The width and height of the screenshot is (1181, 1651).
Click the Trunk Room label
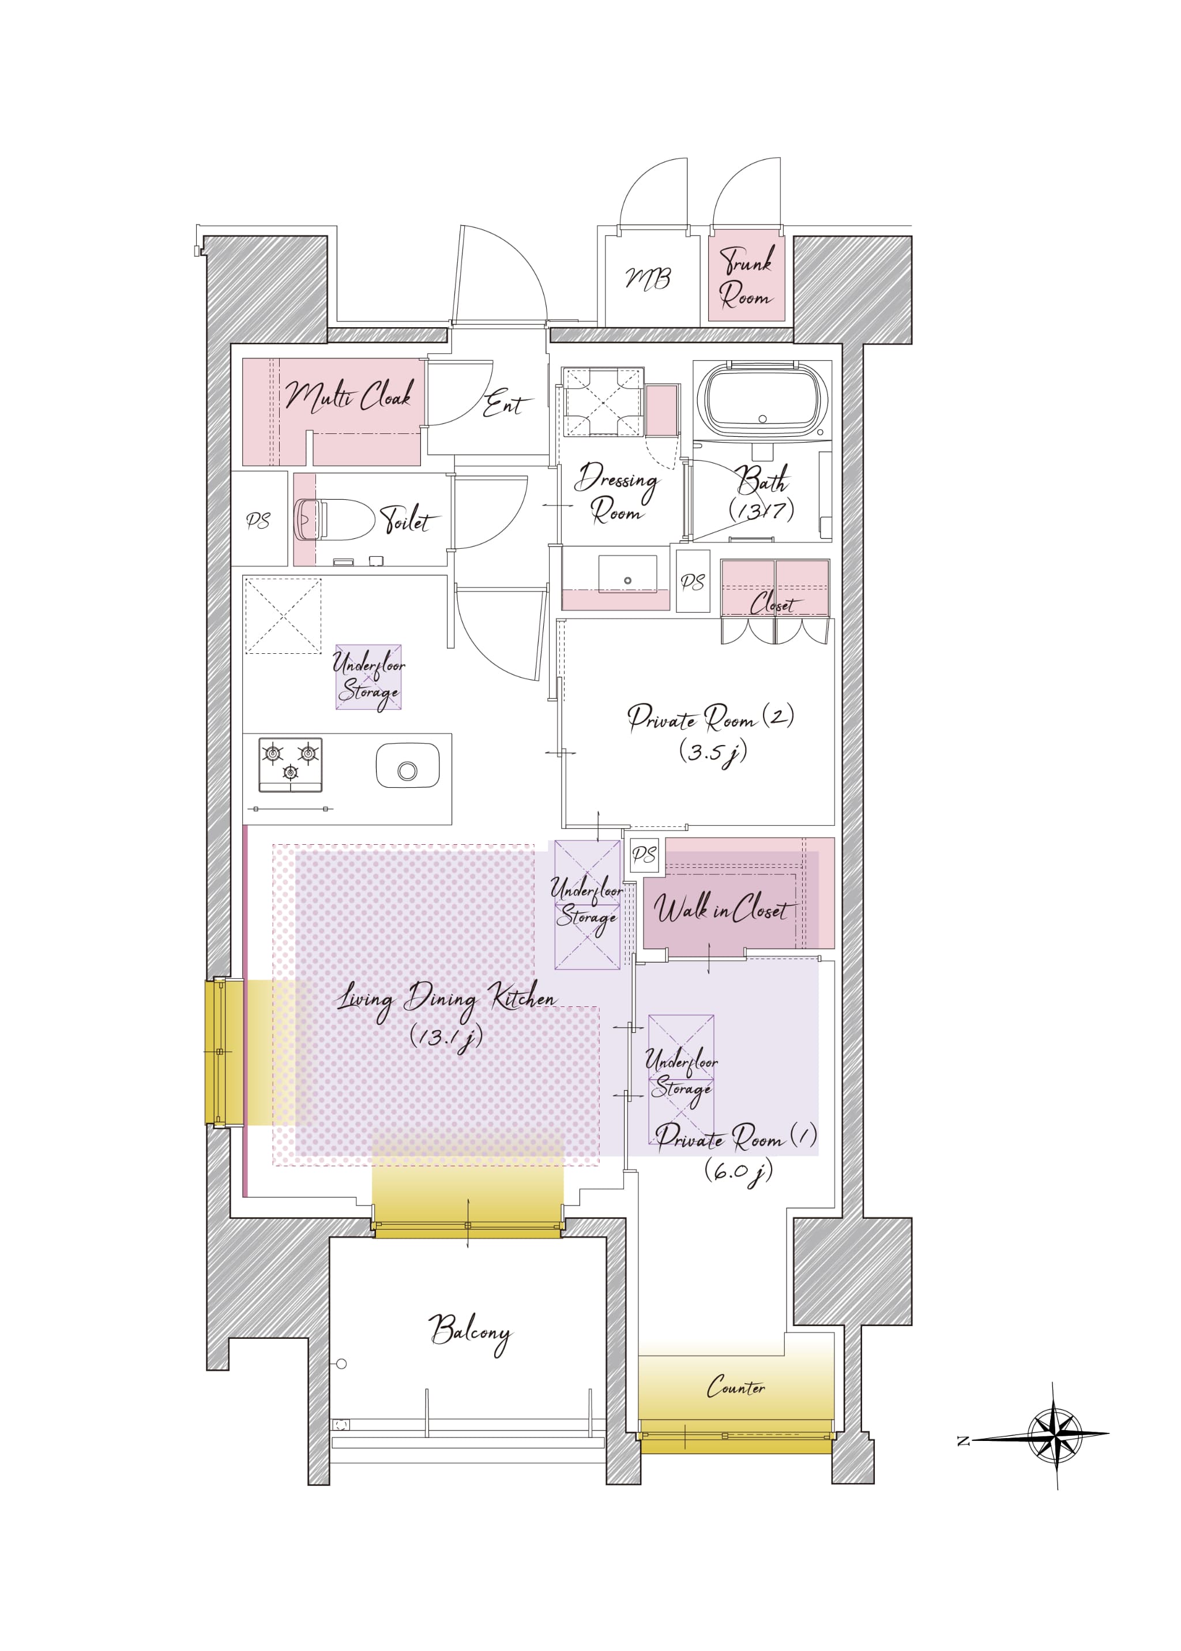(x=746, y=276)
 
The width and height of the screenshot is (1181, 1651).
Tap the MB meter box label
(x=648, y=278)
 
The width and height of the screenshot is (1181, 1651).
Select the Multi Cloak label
(x=349, y=396)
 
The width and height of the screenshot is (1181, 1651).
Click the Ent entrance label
(x=507, y=402)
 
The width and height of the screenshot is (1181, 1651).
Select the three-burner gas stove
(x=290, y=765)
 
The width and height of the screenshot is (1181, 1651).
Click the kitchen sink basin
(x=407, y=765)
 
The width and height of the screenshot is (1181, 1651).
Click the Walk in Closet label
(x=720, y=908)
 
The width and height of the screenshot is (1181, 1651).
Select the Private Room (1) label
(x=736, y=1151)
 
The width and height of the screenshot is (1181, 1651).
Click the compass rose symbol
(x=1055, y=1435)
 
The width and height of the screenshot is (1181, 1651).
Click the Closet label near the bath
(x=774, y=603)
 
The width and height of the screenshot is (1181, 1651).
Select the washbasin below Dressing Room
(x=627, y=575)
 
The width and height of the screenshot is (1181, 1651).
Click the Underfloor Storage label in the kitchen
(x=368, y=677)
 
